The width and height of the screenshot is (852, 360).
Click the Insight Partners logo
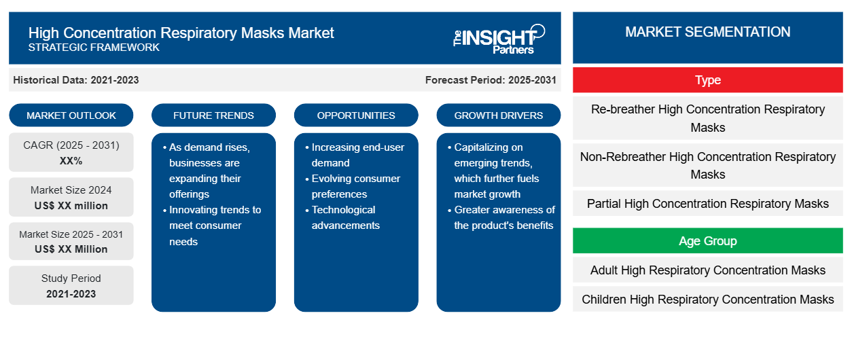click(x=499, y=39)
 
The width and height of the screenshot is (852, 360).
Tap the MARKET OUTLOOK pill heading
click(x=71, y=115)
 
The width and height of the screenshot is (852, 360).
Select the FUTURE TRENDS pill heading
click(x=213, y=115)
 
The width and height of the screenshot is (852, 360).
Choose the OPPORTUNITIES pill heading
click(x=356, y=115)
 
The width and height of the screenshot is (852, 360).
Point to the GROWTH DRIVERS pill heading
click(x=498, y=115)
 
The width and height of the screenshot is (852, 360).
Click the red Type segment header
click(x=707, y=80)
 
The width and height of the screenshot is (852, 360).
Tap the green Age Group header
click(x=707, y=240)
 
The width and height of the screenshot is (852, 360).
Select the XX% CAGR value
click(x=71, y=161)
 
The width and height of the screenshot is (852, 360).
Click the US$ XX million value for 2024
click(x=71, y=206)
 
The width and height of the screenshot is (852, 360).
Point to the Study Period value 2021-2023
click(x=71, y=294)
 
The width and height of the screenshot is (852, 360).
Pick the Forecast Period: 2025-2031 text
click(x=491, y=80)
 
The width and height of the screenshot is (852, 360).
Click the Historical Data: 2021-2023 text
click(x=76, y=80)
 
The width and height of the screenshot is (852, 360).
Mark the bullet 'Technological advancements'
click(x=342, y=217)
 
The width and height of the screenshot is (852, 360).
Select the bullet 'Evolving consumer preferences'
click(x=353, y=186)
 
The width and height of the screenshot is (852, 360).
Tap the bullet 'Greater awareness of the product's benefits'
click(x=501, y=217)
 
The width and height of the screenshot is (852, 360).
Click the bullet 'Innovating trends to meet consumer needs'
click(x=212, y=226)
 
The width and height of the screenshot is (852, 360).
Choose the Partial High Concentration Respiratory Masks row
click(x=707, y=203)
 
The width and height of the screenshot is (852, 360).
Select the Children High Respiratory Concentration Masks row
click(x=707, y=299)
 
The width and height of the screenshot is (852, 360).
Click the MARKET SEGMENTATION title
click(x=707, y=32)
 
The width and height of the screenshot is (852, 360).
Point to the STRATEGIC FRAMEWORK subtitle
click(x=94, y=48)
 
